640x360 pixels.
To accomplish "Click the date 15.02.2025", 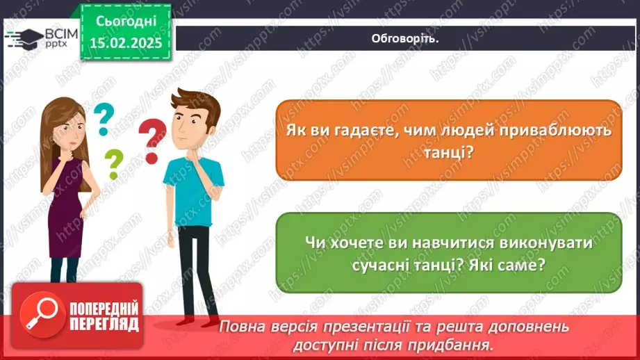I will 126,43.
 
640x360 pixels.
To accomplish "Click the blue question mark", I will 104,119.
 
